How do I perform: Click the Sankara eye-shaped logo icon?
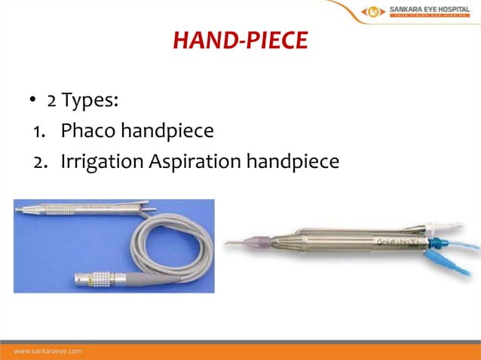pyautogui.click(x=373, y=11)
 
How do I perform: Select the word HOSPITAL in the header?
pyautogui.click(x=451, y=9)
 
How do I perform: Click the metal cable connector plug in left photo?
pyautogui.click(x=90, y=279)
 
